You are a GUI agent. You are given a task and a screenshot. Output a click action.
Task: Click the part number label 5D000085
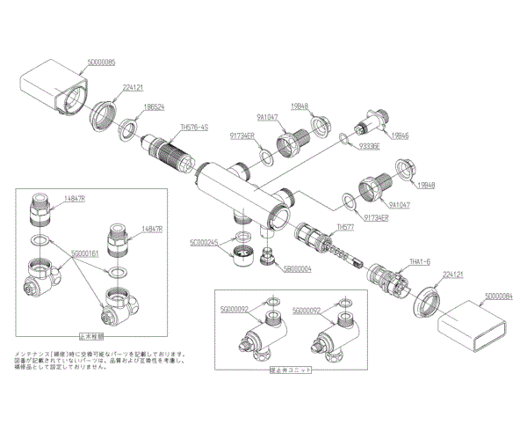coord(107,64)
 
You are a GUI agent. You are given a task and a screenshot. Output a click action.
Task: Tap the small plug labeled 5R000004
coord(271,257)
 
